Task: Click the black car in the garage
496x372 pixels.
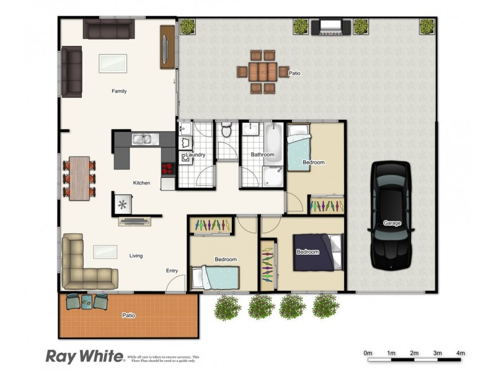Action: click(391, 214)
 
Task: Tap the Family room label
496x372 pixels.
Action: click(119, 91)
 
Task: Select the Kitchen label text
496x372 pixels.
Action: click(142, 183)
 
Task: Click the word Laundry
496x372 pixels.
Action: click(196, 154)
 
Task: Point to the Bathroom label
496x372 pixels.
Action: click(262, 154)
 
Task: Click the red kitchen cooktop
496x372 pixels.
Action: click(168, 168)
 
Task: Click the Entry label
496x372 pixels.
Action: click(172, 270)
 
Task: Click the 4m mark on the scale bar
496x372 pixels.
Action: click(461, 353)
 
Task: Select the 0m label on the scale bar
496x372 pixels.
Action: click(368, 353)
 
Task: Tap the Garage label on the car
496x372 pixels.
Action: click(392, 223)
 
